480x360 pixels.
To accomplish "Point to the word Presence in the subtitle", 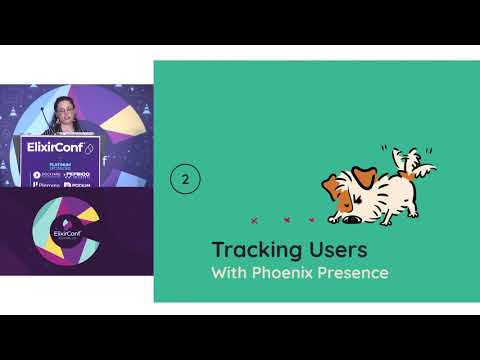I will (x=354, y=272).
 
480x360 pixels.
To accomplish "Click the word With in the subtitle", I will (x=229, y=272).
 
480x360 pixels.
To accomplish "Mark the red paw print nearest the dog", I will (x=311, y=219).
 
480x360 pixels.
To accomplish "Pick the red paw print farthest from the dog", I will (x=254, y=219).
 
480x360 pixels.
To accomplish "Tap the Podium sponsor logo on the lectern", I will (x=82, y=185).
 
